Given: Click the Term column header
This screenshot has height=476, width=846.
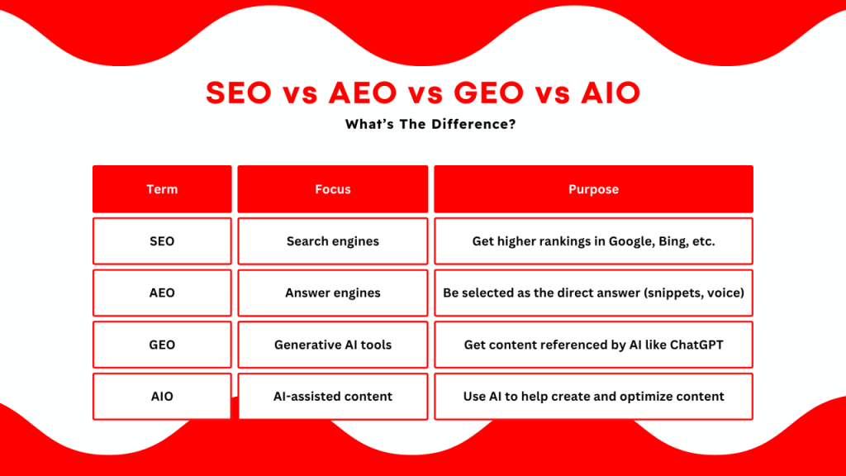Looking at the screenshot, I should [162, 189].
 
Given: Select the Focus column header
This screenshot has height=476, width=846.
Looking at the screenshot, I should [332, 189].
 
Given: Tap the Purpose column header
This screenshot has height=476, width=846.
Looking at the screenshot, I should [593, 189].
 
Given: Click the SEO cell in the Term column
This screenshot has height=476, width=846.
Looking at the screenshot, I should [162, 241].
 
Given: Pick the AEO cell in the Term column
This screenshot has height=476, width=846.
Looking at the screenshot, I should [162, 293].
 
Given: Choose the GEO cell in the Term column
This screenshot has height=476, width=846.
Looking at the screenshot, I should [162, 345].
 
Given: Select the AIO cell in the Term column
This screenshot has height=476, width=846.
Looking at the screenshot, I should [162, 397].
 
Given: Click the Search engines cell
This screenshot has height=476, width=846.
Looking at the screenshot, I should [332, 241].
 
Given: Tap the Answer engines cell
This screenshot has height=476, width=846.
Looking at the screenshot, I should [332, 293].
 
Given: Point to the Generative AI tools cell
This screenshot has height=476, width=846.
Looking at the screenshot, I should [332, 345].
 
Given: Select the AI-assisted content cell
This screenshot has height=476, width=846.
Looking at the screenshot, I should [332, 397].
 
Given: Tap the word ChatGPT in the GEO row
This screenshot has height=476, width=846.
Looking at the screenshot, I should [694, 345].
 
